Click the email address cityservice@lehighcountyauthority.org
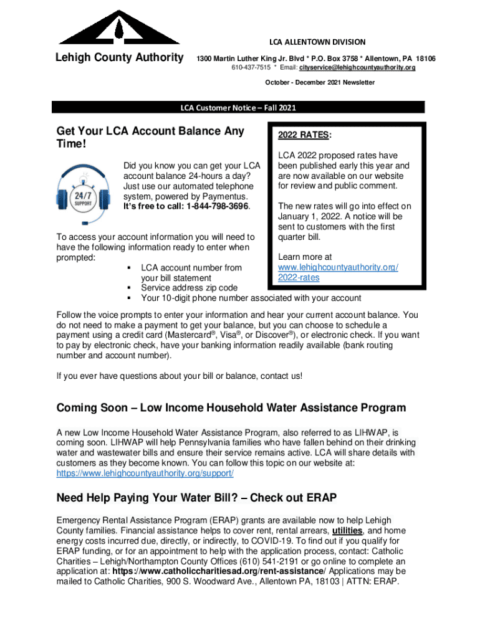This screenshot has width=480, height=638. [357, 67]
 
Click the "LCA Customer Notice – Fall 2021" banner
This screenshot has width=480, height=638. [238, 108]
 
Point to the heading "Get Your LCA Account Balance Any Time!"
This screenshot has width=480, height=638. [150, 137]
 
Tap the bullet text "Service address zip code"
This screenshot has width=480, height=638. [189, 288]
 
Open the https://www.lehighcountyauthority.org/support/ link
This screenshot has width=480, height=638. [145, 474]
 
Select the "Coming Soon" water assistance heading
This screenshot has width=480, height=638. [231, 408]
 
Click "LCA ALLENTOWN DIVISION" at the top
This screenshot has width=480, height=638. [317, 42]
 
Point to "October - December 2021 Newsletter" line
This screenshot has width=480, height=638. [319, 82]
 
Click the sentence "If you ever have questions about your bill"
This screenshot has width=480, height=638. [179, 376]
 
